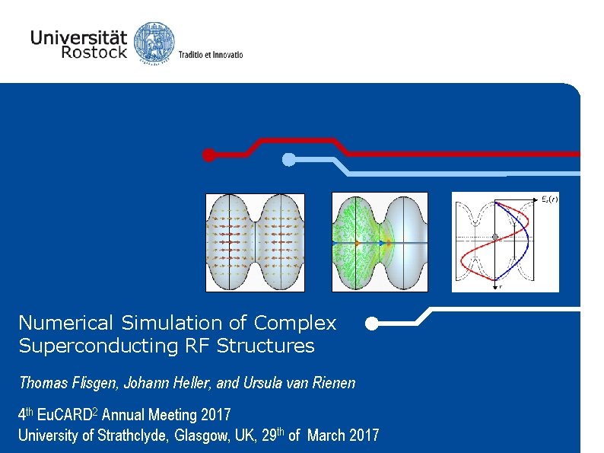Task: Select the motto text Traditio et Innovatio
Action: (x=211, y=55)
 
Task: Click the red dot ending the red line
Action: (x=208, y=155)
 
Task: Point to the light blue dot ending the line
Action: (x=289, y=159)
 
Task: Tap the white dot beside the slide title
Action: (x=370, y=324)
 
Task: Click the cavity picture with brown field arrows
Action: (x=255, y=242)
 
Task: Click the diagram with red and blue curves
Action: (x=505, y=242)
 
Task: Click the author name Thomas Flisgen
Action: (x=57, y=383)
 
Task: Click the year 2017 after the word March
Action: (x=364, y=436)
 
